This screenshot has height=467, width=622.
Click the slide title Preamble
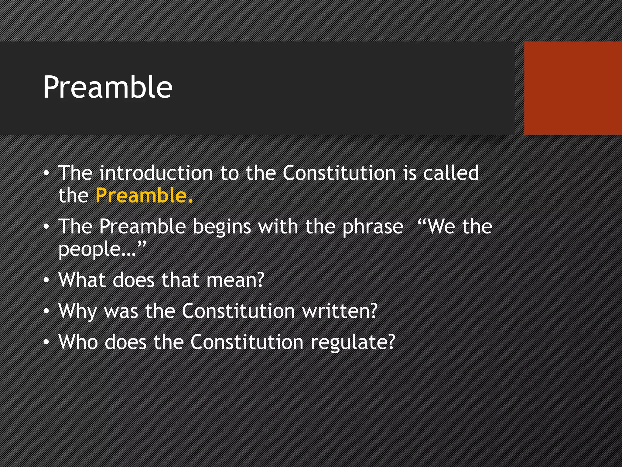click(x=108, y=88)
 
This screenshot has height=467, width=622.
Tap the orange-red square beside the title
click(x=573, y=88)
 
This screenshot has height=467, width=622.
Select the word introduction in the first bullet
click(x=156, y=173)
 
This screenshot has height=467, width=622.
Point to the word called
click(x=451, y=173)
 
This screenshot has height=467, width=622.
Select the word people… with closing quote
click(x=102, y=249)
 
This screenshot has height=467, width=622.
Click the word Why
click(x=78, y=311)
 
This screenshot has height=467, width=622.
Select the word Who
click(x=78, y=342)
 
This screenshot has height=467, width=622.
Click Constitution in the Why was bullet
click(x=238, y=311)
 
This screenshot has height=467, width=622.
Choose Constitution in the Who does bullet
click(x=247, y=342)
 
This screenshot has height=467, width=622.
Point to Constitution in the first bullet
click(x=339, y=173)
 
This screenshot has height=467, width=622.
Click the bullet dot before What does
click(x=46, y=280)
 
